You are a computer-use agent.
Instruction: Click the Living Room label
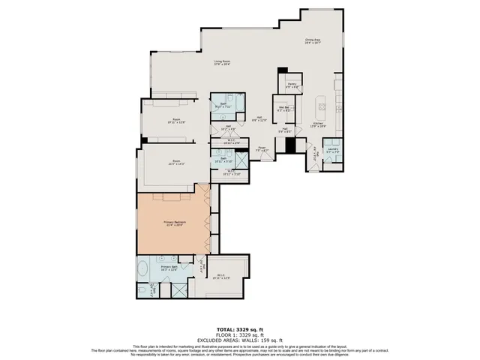click(221, 63)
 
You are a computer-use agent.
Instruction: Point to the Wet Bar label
click(285, 109)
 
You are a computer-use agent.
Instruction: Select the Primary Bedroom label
click(174, 223)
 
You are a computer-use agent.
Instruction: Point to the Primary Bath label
click(169, 268)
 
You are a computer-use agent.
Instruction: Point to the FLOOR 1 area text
click(239, 334)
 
